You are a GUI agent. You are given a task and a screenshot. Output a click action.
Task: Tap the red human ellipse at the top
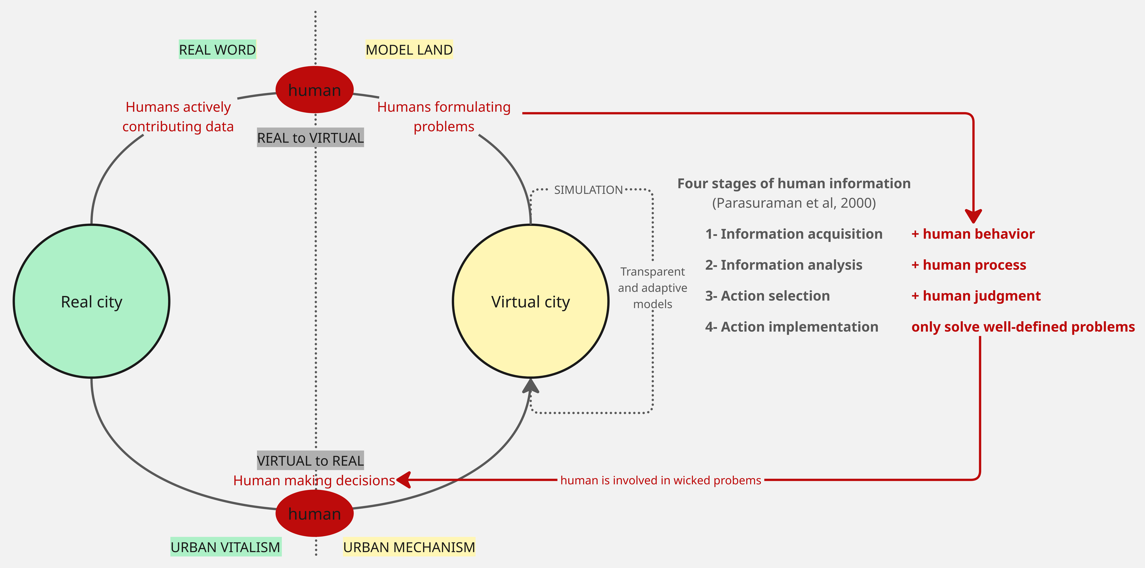pyautogui.click(x=315, y=90)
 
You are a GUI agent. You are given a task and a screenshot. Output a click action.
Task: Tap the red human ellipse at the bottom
pyautogui.click(x=315, y=513)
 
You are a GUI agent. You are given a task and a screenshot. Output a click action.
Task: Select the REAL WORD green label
pyautogui.click(x=217, y=49)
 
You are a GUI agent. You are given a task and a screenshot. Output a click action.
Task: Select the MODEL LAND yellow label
pyautogui.click(x=409, y=49)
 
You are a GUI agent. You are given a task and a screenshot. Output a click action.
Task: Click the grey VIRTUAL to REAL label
pyautogui.click(x=310, y=460)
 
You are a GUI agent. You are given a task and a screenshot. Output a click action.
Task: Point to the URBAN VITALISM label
pyautogui.click(x=226, y=547)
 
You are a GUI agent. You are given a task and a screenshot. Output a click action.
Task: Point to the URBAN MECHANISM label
pyautogui.click(x=409, y=547)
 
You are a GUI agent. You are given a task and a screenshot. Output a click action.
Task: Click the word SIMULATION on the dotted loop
pyautogui.click(x=588, y=190)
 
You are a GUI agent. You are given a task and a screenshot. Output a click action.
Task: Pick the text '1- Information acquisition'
pyautogui.click(x=794, y=234)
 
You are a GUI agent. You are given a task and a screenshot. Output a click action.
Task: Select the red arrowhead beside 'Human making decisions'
pyautogui.click(x=403, y=480)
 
